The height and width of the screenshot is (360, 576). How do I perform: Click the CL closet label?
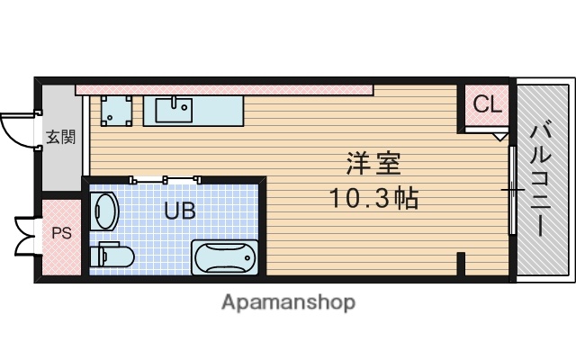[x=487, y=103]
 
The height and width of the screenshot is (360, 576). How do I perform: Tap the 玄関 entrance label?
[x=61, y=138]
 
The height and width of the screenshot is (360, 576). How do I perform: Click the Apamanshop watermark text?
[x=287, y=301]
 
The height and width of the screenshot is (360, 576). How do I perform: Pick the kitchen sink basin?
[x=174, y=110]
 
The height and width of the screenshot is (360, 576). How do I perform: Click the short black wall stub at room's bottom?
[x=461, y=265]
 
